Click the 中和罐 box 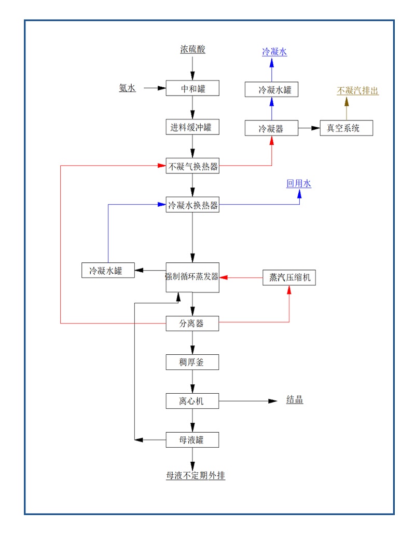pos(192,88)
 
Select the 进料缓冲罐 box pos(192,127)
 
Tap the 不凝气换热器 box pos(192,166)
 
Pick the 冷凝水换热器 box pos(192,205)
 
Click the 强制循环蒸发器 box pos(192,277)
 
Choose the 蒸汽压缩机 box pos(289,277)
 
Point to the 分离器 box pos(192,324)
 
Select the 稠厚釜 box pos(192,362)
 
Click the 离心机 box pos(192,401)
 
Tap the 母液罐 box pos(192,440)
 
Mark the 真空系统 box pos(347,128)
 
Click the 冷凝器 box pos(271,128)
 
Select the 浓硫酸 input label pos(192,50)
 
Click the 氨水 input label pos(127,88)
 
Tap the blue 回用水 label pos(299,184)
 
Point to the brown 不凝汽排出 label pos(357,91)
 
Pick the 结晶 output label pos(295,400)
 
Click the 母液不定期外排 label pos(196,475)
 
